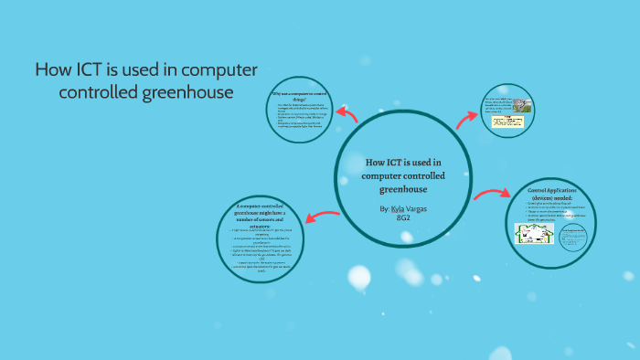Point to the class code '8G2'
point(403,218)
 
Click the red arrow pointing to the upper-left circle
point(347,113)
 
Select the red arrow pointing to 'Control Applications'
point(491,194)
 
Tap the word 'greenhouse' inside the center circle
point(402,189)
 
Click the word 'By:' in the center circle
point(383,209)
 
